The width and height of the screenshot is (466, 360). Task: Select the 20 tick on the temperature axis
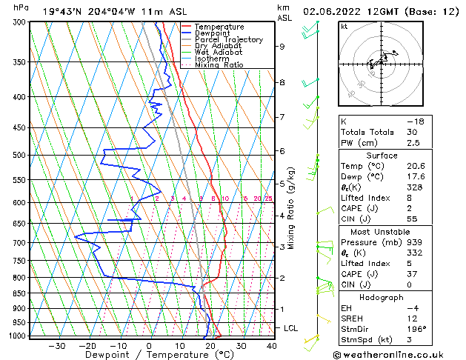coord(210,345)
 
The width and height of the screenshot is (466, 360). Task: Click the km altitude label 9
coord(282,47)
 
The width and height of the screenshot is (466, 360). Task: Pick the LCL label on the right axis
coord(292,327)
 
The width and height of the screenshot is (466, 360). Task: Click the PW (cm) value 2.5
coord(413,143)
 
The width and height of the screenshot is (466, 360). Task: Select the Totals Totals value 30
coord(413,132)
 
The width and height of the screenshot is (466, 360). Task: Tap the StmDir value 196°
coord(416,329)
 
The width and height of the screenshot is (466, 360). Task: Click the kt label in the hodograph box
coord(344,27)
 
